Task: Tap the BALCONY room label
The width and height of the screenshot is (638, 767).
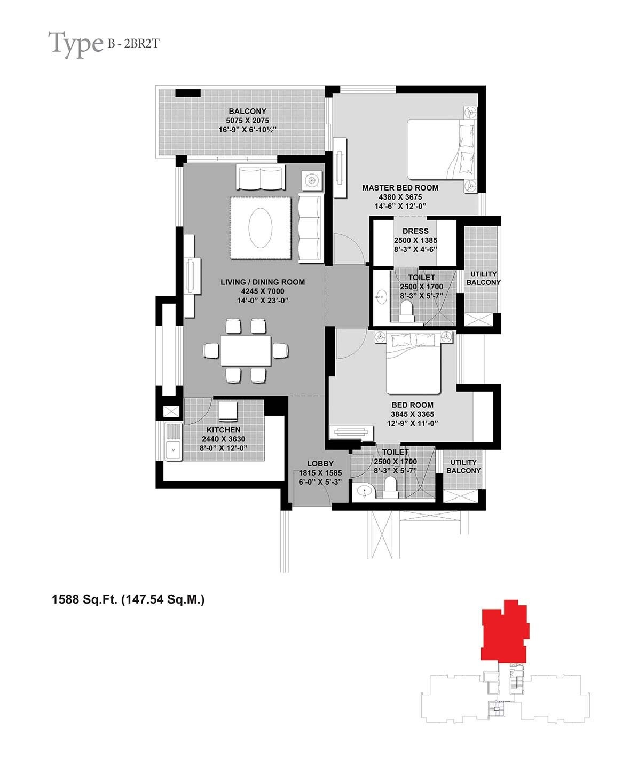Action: pyautogui.click(x=247, y=112)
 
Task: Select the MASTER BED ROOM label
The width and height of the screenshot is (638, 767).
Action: pyautogui.click(x=400, y=188)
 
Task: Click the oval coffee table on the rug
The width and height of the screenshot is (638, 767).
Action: pyautogui.click(x=261, y=228)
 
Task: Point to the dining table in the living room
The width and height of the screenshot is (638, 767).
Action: pyautogui.click(x=246, y=350)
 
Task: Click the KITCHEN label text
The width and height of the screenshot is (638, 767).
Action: pyautogui.click(x=223, y=430)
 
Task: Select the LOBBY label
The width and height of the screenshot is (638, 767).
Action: pyautogui.click(x=320, y=464)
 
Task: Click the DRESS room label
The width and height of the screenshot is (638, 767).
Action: pyautogui.click(x=415, y=231)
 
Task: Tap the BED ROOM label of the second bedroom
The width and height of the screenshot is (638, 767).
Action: pyautogui.click(x=412, y=405)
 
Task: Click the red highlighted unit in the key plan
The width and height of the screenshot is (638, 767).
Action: pyautogui.click(x=505, y=633)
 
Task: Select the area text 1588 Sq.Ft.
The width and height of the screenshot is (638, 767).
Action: pyautogui.click(x=84, y=600)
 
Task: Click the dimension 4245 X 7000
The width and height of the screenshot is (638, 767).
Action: pyautogui.click(x=263, y=291)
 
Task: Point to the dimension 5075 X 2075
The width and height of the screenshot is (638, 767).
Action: pyautogui.click(x=247, y=121)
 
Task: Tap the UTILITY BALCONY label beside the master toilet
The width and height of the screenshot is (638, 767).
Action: pyautogui.click(x=483, y=278)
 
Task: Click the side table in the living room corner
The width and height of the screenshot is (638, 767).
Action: pyautogui.click(x=312, y=180)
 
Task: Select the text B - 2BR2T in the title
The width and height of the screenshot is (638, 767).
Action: pyautogui.click(x=132, y=44)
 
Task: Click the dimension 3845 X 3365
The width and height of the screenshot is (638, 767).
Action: pyautogui.click(x=412, y=414)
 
